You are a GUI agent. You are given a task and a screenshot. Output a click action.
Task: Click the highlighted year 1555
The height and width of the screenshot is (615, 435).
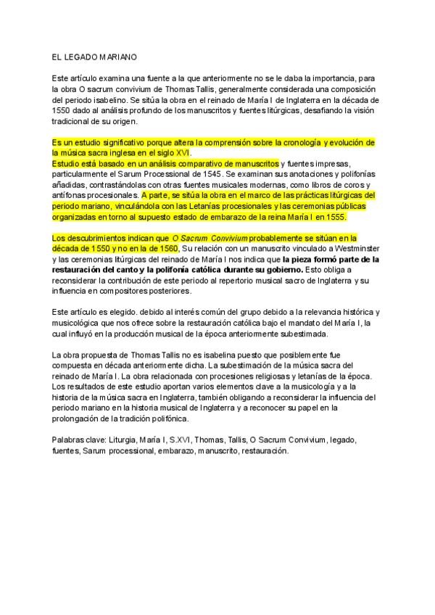(x=336, y=217)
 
